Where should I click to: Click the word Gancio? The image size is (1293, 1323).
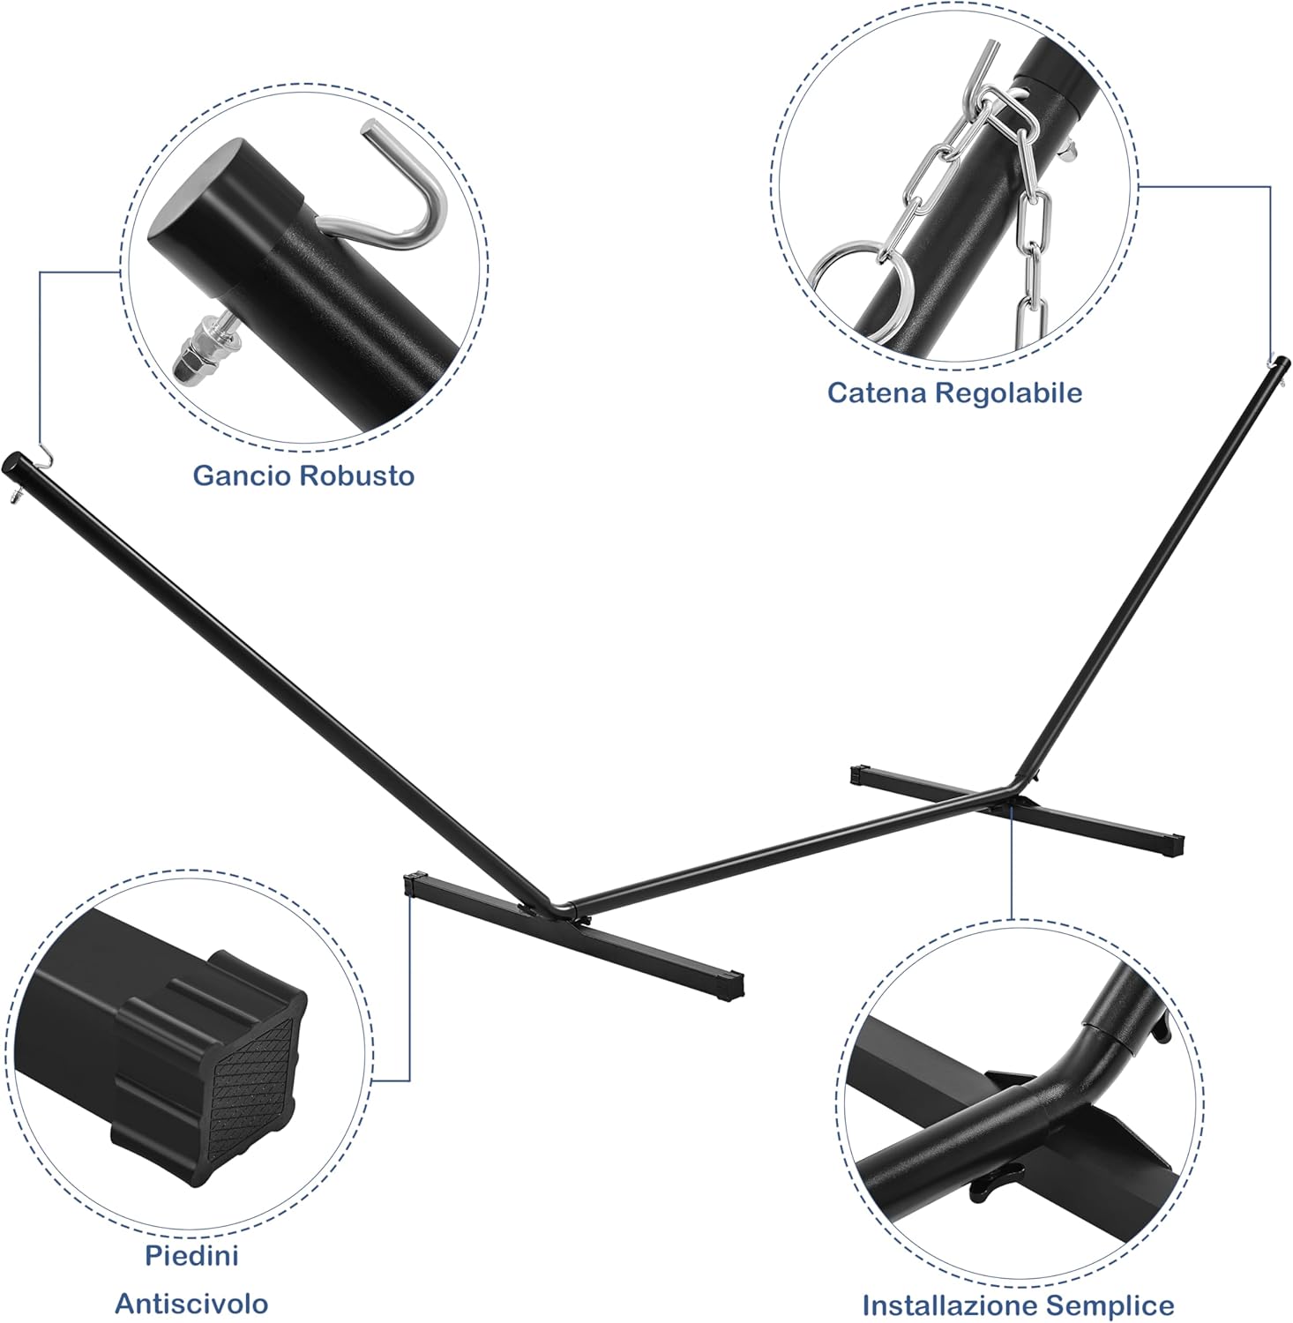[243, 476]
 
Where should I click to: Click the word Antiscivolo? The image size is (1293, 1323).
[191, 1303]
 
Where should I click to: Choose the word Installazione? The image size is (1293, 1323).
[957, 1305]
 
